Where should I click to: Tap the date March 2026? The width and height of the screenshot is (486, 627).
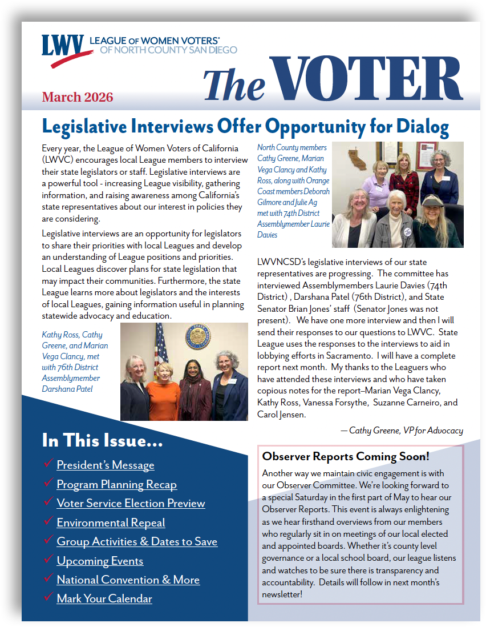pyautogui.click(x=78, y=97)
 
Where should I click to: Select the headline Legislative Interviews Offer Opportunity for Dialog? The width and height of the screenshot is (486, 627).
pyautogui.click(x=245, y=126)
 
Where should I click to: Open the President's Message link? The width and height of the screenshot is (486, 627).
pyautogui.click(x=106, y=465)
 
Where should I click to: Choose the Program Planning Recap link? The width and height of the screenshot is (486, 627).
pyautogui.click(x=116, y=484)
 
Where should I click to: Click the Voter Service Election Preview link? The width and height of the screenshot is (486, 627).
pyautogui.click(x=131, y=503)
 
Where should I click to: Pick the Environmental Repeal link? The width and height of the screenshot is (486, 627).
pyautogui.click(x=111, y=522)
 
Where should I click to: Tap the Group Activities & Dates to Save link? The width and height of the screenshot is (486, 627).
pyautogui.click(x=137, y=541)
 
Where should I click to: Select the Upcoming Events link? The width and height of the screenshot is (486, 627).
pyautogui.click(x=100, y=561)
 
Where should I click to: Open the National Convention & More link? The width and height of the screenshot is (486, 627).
pyautogui.click(x=128, y=580)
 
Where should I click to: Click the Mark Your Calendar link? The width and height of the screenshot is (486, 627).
pyautogui.click(x=104, y=598)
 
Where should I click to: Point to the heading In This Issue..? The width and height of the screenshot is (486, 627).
pyautogui.click(x=102, y=440)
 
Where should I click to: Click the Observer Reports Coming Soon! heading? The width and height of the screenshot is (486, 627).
pyautogui.click(x=345, y=456)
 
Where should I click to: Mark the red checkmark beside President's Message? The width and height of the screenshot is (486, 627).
pyautogui.click(x=48, y=464)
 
